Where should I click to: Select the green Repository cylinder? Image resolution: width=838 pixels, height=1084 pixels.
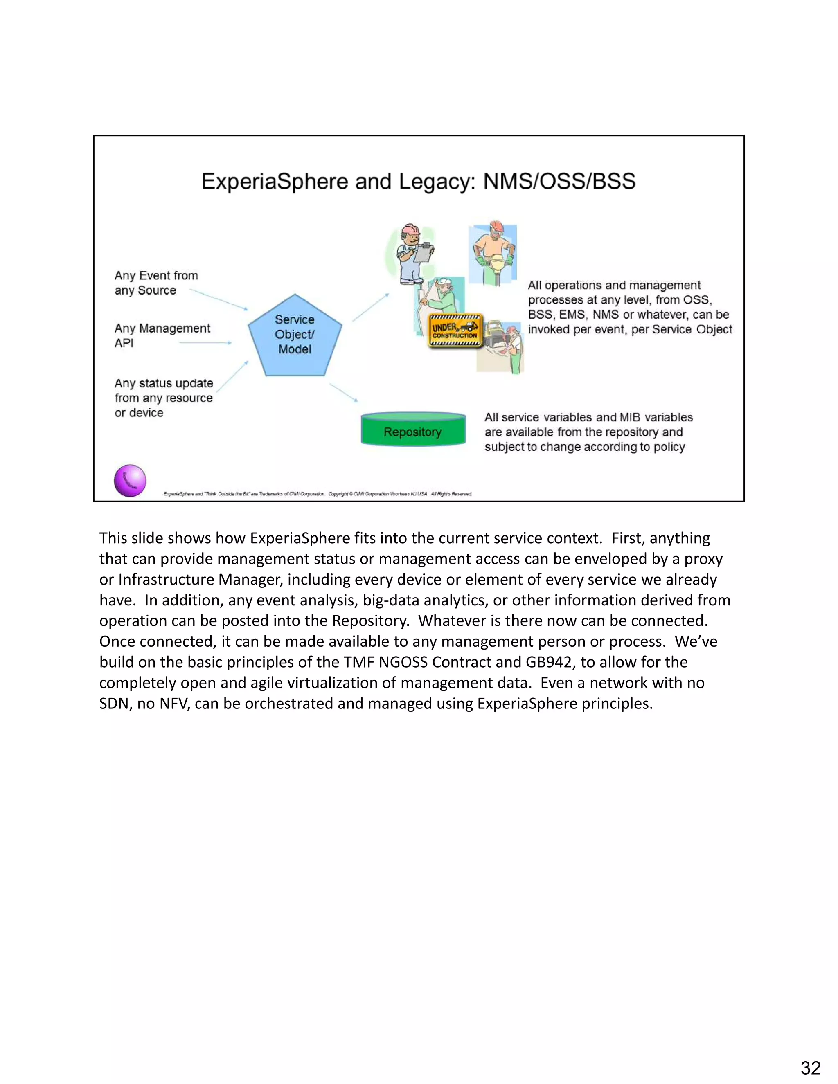pos(412,430)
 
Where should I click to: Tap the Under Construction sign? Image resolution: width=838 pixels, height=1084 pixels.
pos(455,331)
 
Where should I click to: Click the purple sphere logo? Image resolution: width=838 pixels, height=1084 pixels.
pos(130,481)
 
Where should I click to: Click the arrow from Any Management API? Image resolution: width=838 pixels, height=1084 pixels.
pos(205,343)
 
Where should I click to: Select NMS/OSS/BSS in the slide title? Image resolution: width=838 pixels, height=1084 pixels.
pos(559,181)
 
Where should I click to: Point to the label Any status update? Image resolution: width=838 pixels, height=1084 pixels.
pos(163,383)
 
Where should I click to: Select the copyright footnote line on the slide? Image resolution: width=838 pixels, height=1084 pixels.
pos(317,494)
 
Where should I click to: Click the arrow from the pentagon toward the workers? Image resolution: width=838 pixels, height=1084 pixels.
pos(370,307)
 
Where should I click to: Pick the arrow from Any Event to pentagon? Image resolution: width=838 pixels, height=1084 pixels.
pos(219,299)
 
